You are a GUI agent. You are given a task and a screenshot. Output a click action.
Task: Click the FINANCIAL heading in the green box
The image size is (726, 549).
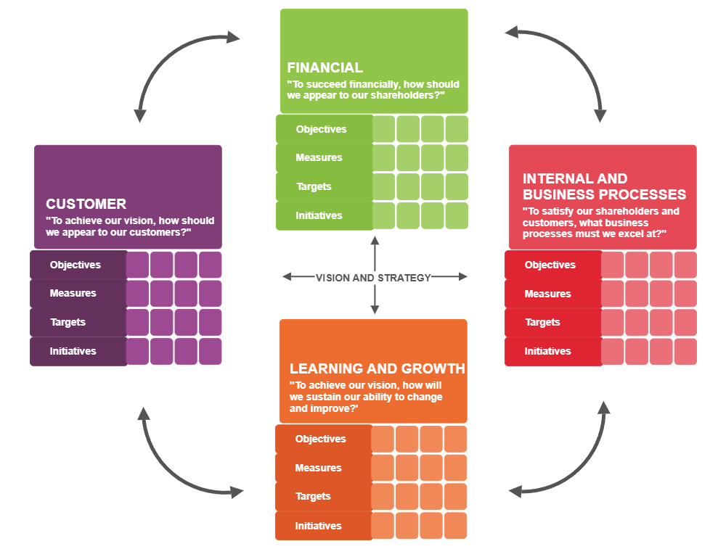click(x=325, y=67)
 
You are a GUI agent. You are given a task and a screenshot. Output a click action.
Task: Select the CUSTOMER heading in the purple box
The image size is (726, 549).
click(x=86, y=204)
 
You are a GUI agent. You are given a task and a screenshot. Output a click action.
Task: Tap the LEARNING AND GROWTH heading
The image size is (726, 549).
click(x=377, y=368)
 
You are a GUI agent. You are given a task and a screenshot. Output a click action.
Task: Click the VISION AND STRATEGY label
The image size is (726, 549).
click(x=373, y=277)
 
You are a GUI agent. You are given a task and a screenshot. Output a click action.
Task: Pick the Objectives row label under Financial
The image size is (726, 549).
click(x=321, y=129)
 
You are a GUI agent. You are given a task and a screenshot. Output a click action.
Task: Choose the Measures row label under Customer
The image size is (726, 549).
click(x=73, y=293)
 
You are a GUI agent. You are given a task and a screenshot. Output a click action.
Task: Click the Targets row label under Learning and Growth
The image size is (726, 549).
click(x=313, y=496)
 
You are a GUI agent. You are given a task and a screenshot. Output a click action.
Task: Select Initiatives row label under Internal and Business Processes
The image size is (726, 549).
click(x=547, y=351)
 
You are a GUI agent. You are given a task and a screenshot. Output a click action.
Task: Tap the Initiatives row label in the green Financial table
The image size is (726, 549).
click(x=318, y=215)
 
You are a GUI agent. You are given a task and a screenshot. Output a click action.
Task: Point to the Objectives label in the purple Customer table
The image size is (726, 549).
click(x=75, y=265)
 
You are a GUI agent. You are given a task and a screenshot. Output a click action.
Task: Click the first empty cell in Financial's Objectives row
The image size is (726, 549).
click(x=384, y=129)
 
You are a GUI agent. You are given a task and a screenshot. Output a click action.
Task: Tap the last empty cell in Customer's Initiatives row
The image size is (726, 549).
click(x=211, y=351)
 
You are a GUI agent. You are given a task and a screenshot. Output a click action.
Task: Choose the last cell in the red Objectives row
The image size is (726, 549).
click(x=685, y=265)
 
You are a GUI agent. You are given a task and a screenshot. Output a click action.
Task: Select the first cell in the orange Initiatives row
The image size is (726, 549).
click(x=383, y=526)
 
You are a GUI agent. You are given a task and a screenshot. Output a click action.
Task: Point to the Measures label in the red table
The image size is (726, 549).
click(x=547, y=294)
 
